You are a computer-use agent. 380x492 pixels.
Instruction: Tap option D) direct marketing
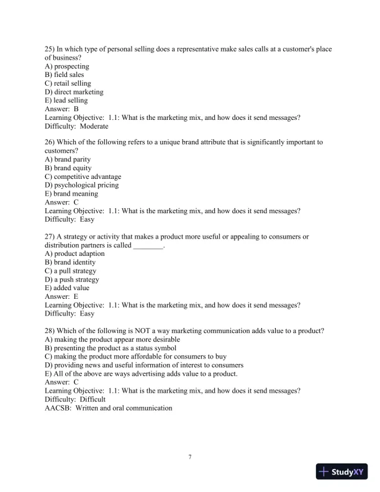click(74, 92)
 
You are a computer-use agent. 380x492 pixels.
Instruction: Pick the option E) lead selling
click(66, 101)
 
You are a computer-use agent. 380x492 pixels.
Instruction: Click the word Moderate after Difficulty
click(94, 126)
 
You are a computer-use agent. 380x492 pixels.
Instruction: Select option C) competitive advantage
click(83, 176)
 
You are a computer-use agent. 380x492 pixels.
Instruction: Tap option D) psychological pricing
click(81, 185)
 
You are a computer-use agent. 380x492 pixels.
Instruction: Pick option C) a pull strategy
click(70, 271)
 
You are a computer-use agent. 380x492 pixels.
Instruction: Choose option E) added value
click(67, 288)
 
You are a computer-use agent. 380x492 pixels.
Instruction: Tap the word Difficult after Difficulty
click(93, 399)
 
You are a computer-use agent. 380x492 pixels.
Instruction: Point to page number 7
click(190, 457)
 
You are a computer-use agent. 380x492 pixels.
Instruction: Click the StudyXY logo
click(341, 472)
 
